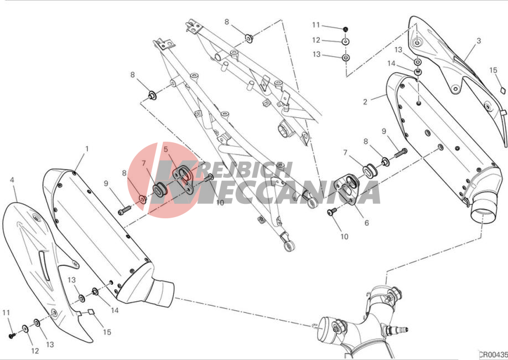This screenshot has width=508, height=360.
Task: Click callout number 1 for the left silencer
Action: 87,149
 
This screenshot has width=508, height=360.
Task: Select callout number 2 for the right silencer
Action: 365,102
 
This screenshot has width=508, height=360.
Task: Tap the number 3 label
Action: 479,41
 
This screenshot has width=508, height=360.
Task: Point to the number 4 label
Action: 12,179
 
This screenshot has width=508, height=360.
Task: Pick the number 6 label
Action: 366,223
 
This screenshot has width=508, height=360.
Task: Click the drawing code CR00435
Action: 493,354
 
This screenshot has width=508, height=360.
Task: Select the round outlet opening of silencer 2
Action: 483,213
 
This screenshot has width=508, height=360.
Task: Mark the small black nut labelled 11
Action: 345,29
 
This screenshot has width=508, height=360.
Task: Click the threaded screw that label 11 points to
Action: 12,336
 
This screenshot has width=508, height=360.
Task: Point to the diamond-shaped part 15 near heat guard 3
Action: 502,90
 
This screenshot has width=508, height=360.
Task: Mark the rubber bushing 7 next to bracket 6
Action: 369,171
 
